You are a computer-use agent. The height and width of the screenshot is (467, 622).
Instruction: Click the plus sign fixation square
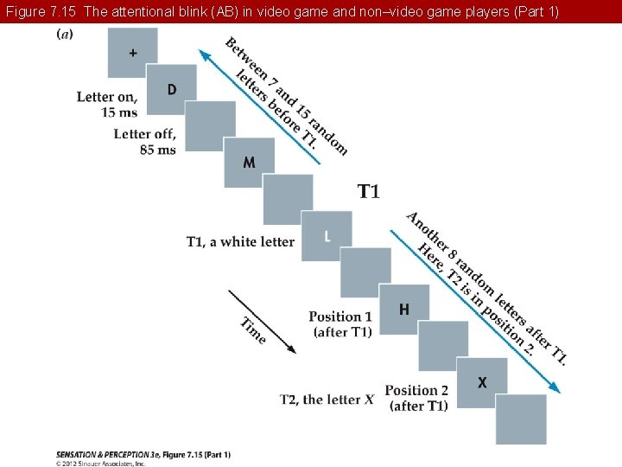[x=132, y=53]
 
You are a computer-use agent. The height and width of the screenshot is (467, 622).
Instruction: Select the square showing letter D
[x=171, y=89]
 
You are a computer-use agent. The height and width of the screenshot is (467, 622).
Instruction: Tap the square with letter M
[x=249, y=162]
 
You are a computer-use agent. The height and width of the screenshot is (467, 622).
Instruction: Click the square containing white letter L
[x=327, y=236]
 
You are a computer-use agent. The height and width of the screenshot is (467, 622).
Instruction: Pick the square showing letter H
[x=403, y=309]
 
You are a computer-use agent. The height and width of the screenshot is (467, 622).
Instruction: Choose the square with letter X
[x=481, y=381]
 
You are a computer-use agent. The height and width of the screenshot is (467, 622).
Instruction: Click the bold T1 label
[x=369, y=191]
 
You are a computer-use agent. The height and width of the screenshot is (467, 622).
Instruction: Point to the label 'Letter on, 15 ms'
[x=107, y=105]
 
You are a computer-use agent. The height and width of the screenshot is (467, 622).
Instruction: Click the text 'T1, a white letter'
[x=241, y=242]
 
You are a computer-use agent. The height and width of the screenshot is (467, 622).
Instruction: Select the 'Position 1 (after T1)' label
[x=340, y=324]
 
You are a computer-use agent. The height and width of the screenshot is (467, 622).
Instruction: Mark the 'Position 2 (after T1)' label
[x=417, y=398]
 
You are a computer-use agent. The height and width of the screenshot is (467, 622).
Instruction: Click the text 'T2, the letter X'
[x=327, y=400]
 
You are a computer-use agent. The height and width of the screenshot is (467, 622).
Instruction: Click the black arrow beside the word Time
[x=263, y=321]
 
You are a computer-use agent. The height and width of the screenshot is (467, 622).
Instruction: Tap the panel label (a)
[x=65, y=34]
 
